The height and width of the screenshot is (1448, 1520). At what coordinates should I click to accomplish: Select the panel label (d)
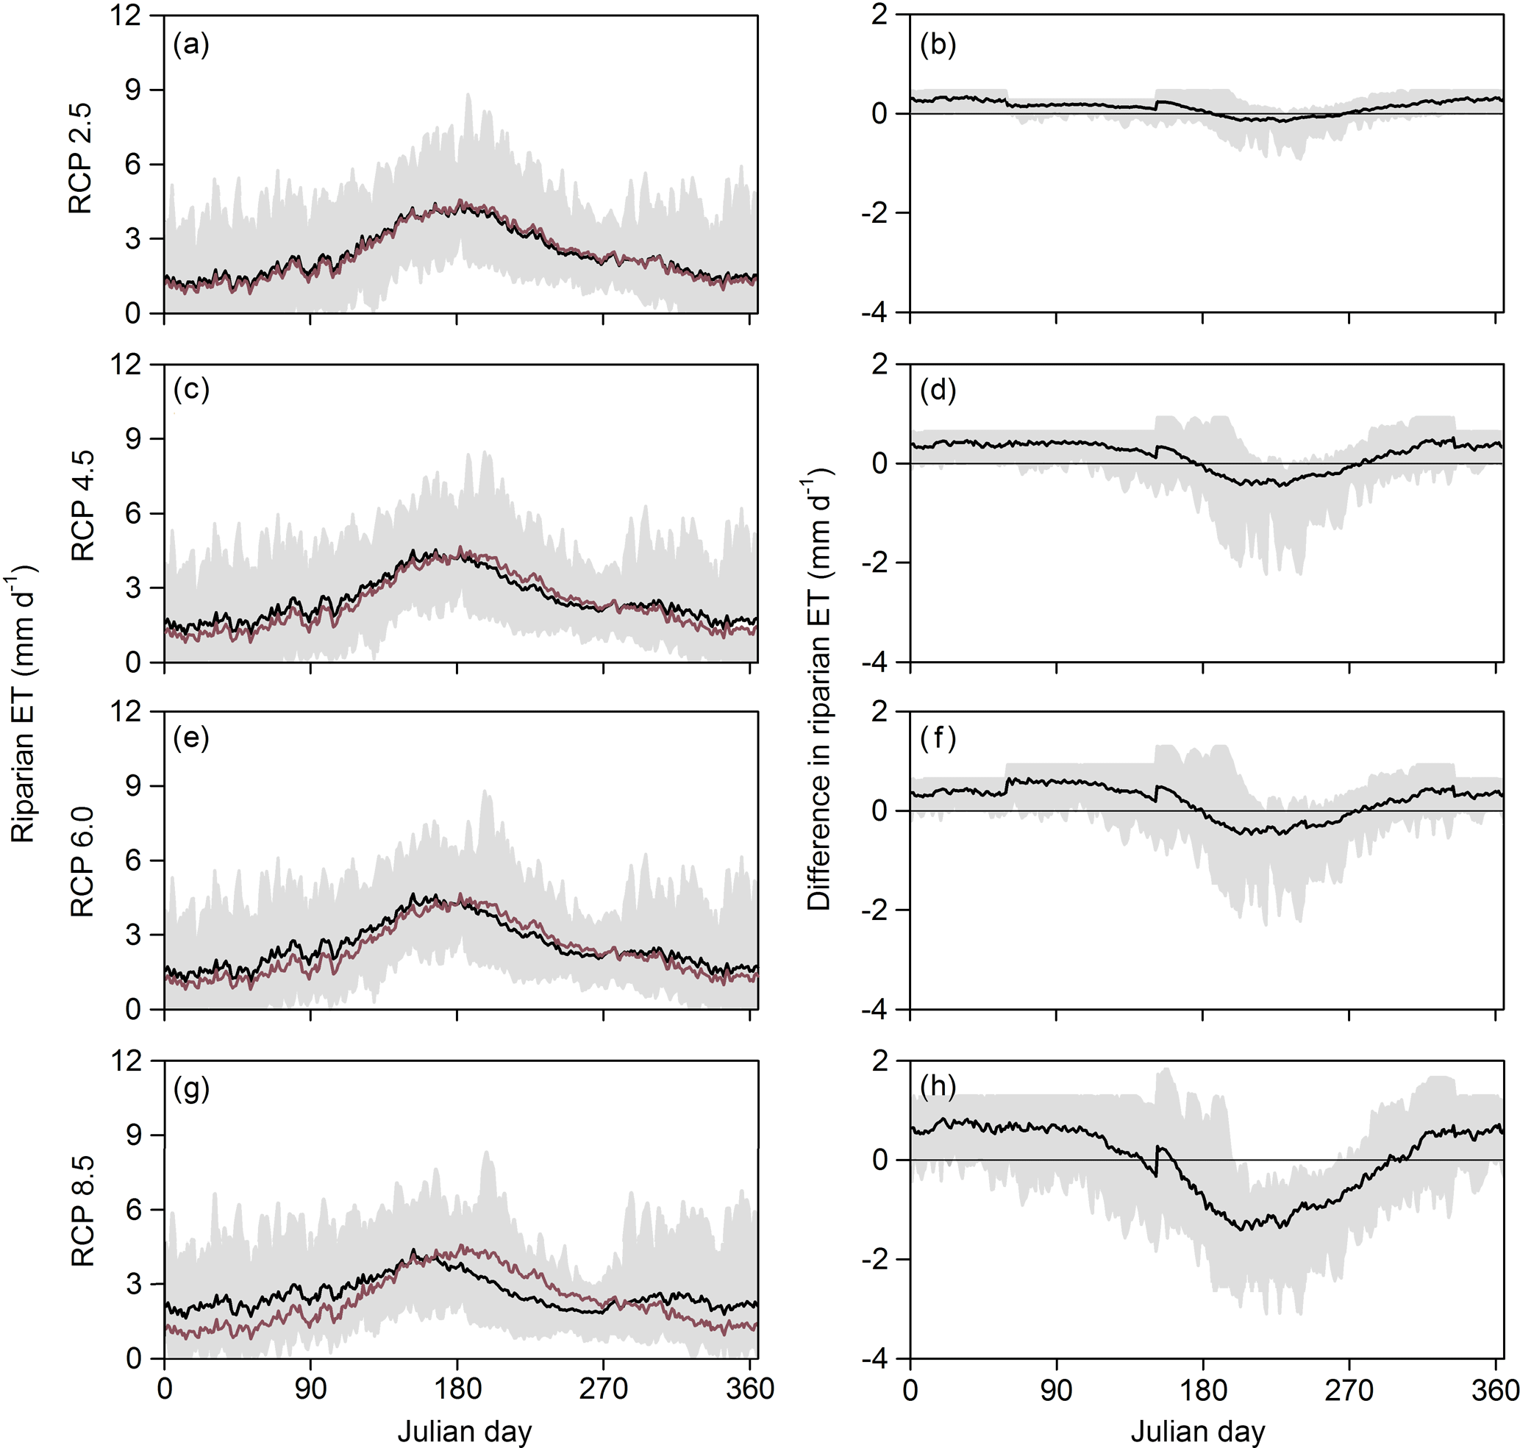937,390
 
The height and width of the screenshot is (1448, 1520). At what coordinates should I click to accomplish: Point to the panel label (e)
191,738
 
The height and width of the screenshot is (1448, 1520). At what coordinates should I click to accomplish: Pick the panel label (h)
937,1087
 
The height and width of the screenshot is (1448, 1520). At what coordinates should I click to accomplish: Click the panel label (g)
191,1089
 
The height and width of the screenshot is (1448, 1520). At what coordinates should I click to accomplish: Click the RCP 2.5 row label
81,158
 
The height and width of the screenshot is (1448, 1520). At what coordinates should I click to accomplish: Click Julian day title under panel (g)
464,1432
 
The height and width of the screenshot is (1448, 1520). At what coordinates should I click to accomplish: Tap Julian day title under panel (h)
1197,1432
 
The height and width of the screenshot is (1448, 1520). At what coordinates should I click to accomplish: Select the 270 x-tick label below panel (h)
1349,1389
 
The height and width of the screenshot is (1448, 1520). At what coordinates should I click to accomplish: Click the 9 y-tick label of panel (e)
134,785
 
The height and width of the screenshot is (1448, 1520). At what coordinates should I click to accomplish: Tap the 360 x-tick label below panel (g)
749,1389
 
